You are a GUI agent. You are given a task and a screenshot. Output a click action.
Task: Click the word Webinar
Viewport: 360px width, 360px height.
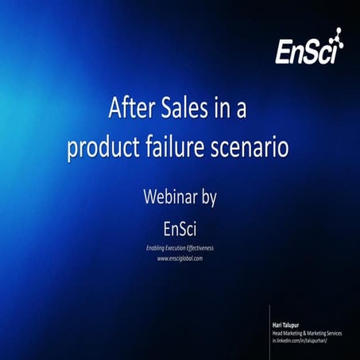click(168, 195)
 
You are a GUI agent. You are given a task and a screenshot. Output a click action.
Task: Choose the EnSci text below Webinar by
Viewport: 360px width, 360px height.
click(180, 227)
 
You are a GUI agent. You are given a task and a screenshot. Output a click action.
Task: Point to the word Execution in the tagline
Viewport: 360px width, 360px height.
click(182, 248)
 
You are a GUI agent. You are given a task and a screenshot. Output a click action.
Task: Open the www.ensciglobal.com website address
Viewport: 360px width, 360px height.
click(180, 258)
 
